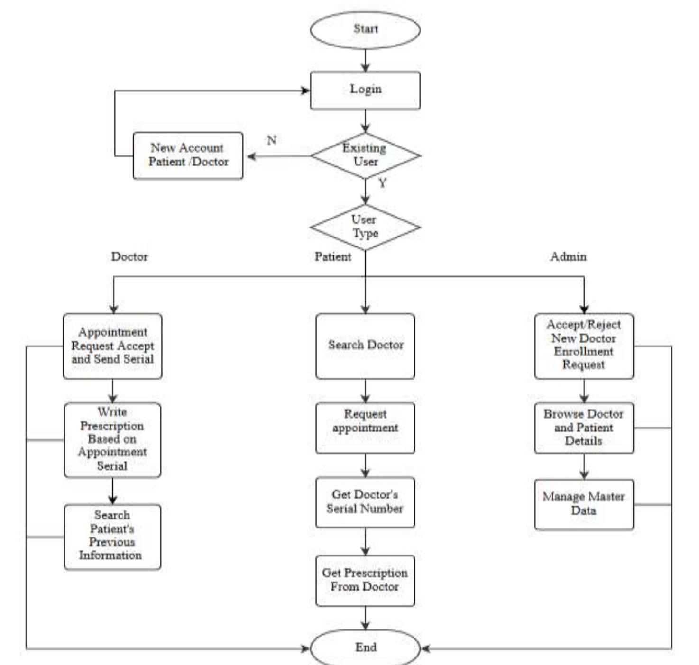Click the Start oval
coord(365,29)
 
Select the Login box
coord(365,90)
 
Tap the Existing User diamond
coord(365,155)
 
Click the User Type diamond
coord(365,227)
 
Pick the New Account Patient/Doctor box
coord(188,155)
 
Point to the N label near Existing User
coord(272,140)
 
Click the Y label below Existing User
coord(382,183)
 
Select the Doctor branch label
coord(129,256)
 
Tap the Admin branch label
coord(568,256)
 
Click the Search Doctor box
coord(365,346)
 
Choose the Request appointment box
coord(365,427)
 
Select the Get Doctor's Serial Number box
coord(365,502)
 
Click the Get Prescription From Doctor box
coord(365,580)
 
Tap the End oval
coord(365,647)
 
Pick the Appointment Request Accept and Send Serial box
coord(112,346)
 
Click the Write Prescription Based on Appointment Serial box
coord(112,439)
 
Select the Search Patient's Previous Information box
coord(112,536)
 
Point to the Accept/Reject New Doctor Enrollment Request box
coord(584,346)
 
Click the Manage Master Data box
coord(584,504)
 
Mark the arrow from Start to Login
coord(365,60)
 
